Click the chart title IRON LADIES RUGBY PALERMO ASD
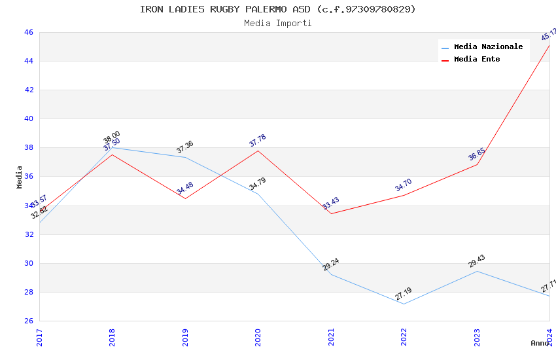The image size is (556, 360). [x=277, y=9]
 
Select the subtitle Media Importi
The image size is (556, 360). [x=277, y=24]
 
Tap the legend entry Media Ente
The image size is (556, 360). [x=477, y=59]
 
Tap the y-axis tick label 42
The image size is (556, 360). [x=29, y=90]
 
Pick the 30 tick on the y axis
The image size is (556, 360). [x=29, y=263]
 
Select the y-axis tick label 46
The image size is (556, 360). [x=29, y=32]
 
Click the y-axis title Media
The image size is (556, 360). [x=20, y=177]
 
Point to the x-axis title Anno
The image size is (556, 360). [x=540, y=343]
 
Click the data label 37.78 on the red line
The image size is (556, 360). [x=258, y=141]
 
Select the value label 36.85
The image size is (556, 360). [x=477, y=154]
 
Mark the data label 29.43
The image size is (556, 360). [x=477, y=261]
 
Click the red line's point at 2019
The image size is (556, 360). [x=185, y=198]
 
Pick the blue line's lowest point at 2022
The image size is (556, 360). [x=404, y=304]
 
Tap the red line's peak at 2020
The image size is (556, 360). [x=258, y=151]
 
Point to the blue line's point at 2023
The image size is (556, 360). [x=477, y=271]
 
